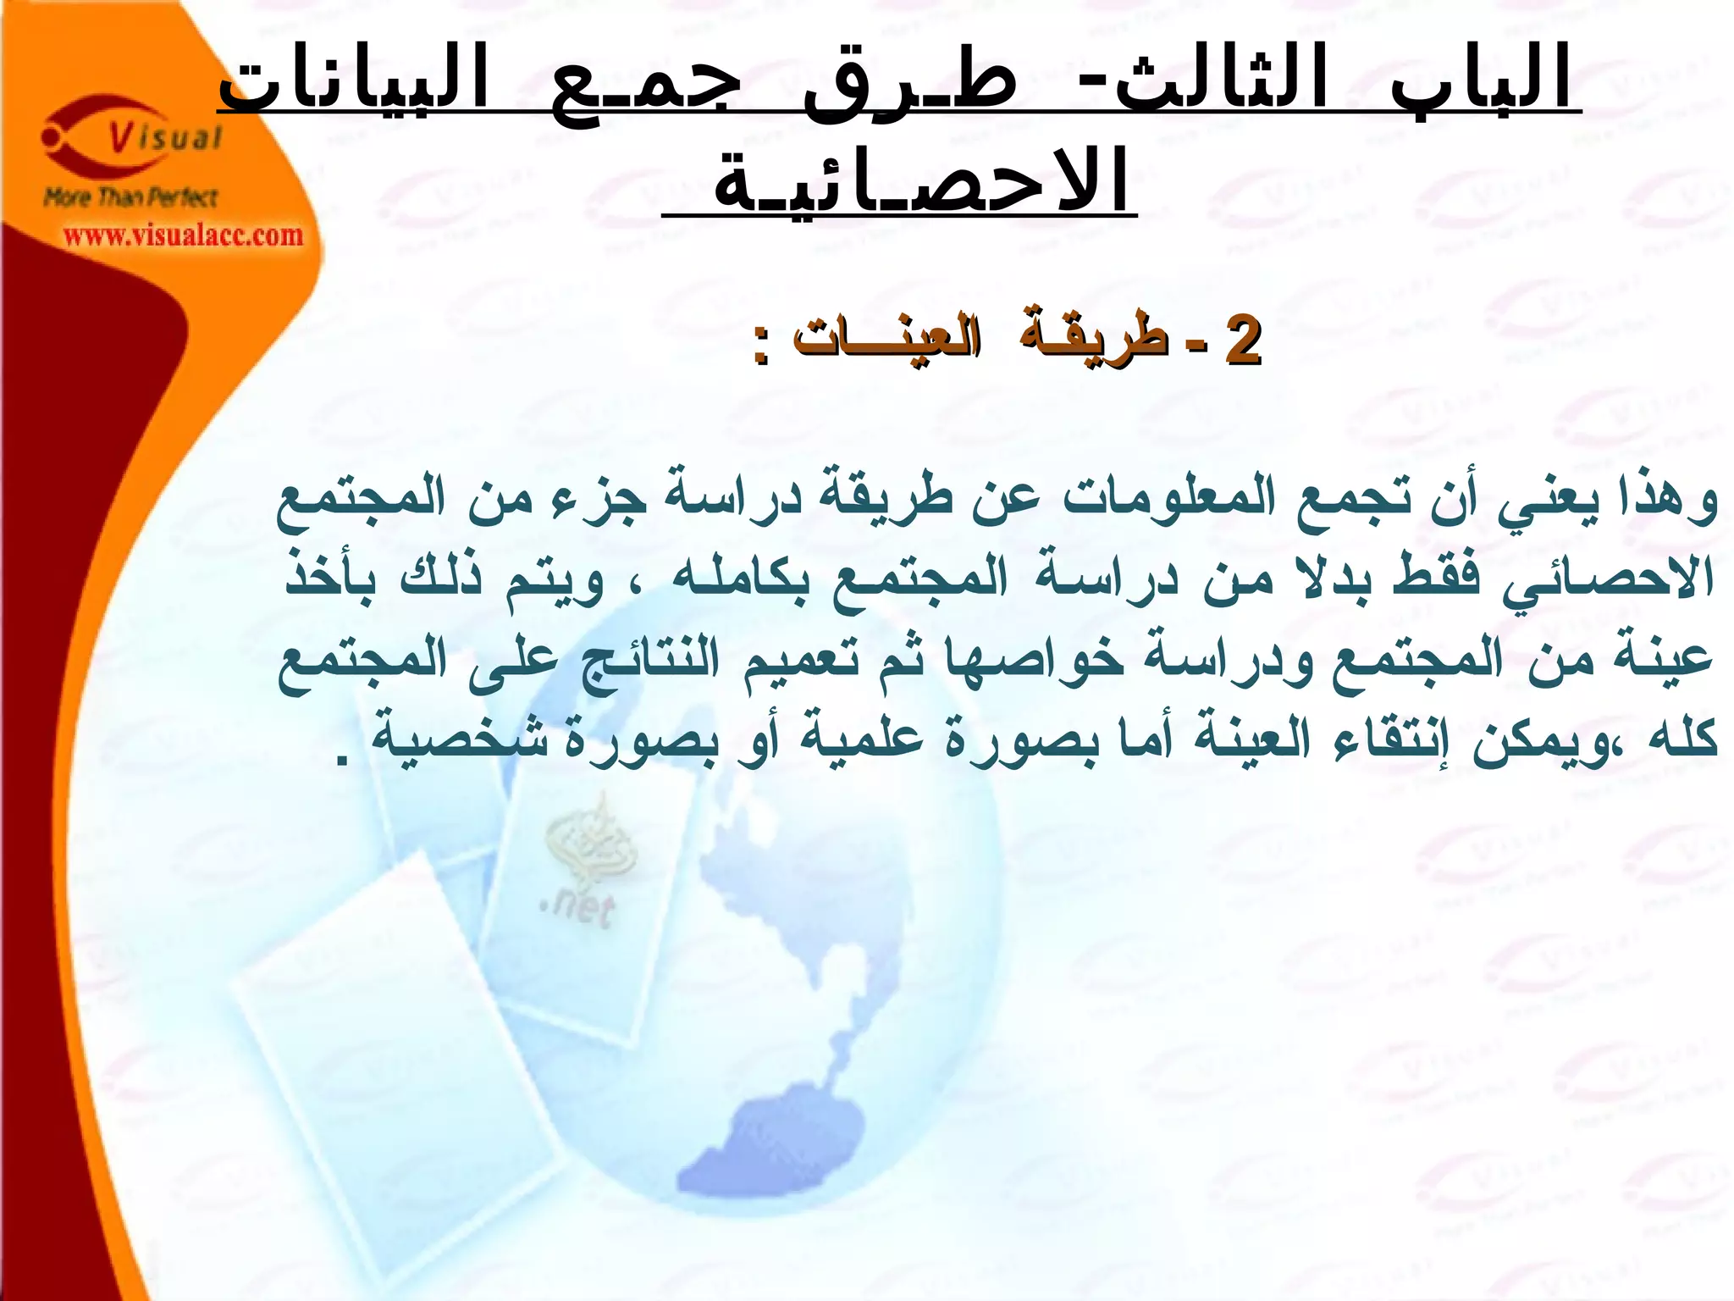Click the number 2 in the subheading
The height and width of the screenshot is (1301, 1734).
pyautogui.click(x=1243, y=340)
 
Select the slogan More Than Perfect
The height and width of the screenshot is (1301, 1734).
pyautogui.click(x=131, y=198)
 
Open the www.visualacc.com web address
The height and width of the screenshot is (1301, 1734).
pyautogui.click(x=183, y=235)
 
